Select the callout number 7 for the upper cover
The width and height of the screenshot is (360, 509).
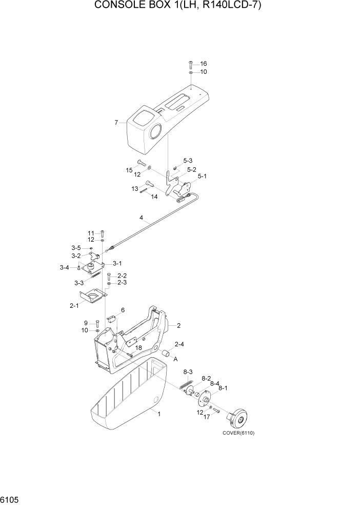tap(116, 123)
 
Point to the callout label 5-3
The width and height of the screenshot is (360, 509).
tap(188, 161)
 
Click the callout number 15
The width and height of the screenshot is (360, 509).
tap(129, 170)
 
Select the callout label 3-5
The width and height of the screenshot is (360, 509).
tap(76, 248)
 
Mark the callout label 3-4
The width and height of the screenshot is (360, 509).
tap(64, 267)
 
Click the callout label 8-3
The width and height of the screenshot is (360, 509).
tap(188, 371)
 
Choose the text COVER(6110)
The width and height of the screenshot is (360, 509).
tap(238, 433)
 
